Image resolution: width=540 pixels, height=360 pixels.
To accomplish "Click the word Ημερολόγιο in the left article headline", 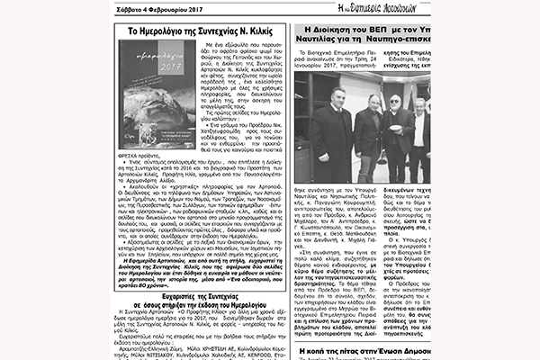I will (x=158, y=31).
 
